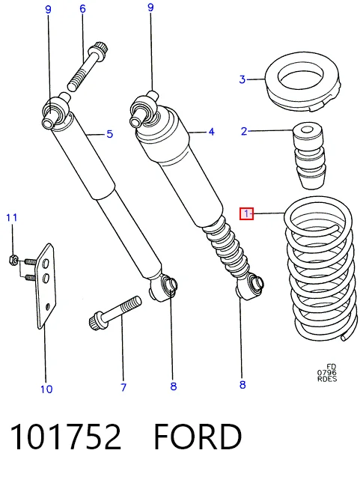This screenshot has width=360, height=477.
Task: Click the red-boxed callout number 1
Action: pos(246,213)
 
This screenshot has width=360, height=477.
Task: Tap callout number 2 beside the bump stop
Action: pos(244,132)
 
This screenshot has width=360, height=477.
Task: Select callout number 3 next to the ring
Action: pos(242,79)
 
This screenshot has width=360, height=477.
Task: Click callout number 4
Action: pos(211,132)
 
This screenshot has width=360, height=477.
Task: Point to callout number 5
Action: pos(110,134)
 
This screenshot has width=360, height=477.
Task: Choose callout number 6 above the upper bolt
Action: pos(82,9)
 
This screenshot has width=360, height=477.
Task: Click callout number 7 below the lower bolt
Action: pos(123,387)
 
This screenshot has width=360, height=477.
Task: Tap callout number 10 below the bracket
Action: pos(46,389)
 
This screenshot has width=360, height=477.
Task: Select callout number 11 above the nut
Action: pos(12,217)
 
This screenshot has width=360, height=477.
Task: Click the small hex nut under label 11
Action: pos(13,259)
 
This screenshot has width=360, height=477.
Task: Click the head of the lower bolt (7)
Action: pos(96,320)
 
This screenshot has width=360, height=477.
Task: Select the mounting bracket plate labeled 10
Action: pos(46,285)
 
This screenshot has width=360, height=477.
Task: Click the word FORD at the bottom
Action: pos(198,437)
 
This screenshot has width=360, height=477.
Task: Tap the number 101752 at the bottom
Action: pos(66,437)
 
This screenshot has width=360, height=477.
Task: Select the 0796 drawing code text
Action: pos(327,372)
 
